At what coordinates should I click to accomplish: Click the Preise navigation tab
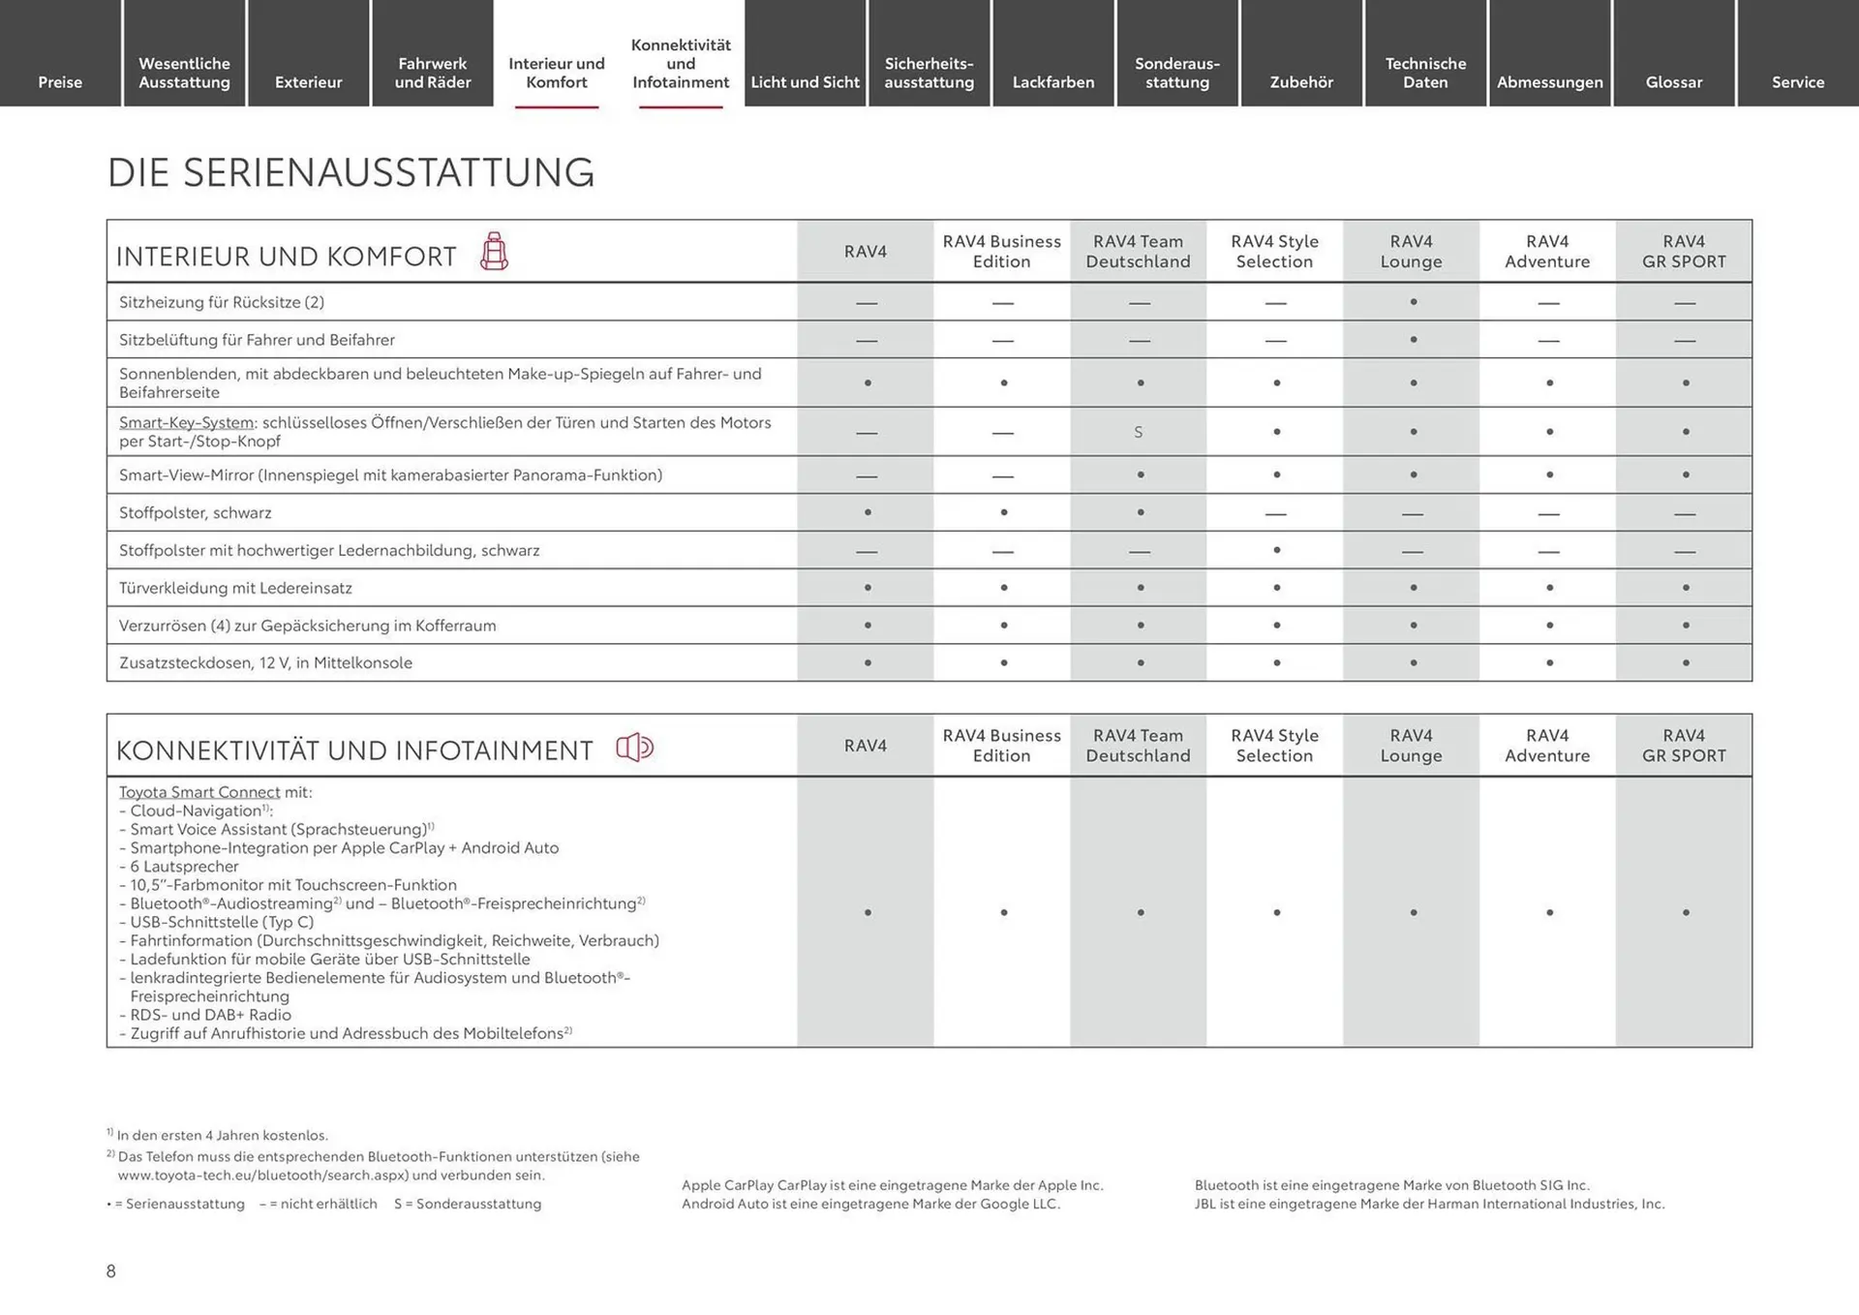pos(60,81)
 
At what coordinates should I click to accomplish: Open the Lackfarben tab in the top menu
pos(1052,81)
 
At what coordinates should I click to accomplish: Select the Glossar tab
pos(1673,81)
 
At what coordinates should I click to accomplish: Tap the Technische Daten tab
pos(1425,73)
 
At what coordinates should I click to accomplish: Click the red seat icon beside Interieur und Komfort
pos(494,252)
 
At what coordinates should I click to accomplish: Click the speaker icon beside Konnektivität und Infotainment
pos(635,748)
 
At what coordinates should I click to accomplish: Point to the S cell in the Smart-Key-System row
pos(1139,432)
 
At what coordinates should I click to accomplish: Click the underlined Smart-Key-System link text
pos(186,422)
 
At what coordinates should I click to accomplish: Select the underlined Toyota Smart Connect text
pos(198,792)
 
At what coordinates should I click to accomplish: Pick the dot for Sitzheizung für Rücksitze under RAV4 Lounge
pos(1413,302)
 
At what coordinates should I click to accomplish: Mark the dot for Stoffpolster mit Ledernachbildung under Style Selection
pos(1276,550)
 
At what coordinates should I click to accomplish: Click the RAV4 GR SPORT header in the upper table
pos(1683,251)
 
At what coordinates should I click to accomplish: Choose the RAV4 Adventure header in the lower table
pos(1546,746)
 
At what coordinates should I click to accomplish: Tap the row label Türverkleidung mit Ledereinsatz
pos(235,588)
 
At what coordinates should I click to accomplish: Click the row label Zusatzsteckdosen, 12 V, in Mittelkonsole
pos(265,663)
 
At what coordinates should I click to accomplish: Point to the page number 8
pos(111,1271)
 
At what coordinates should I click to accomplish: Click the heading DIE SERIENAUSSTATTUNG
pos(350,172)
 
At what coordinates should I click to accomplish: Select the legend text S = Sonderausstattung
pos(468,1204)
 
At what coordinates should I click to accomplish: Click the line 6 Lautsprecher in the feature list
pos(184,867)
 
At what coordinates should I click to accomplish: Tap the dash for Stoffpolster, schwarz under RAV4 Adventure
pos(1548,513)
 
